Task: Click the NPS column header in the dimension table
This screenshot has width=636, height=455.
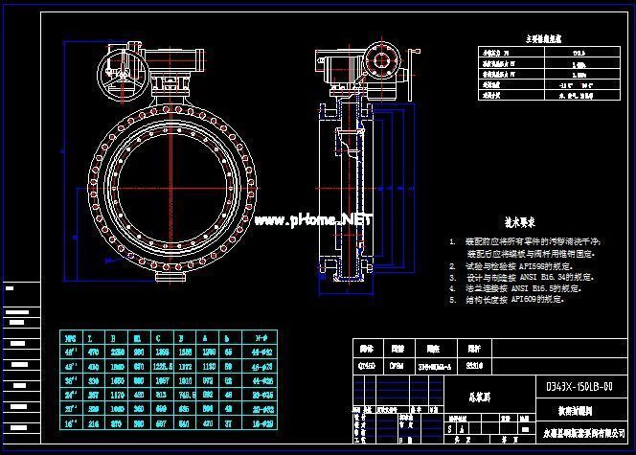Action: pyautogui.click(x=70, y=338)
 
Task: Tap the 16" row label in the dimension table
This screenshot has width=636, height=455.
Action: pyautogui.click(x=70, y=421)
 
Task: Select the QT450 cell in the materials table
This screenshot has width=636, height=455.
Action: pyautogui.click(x=367, y=364)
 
